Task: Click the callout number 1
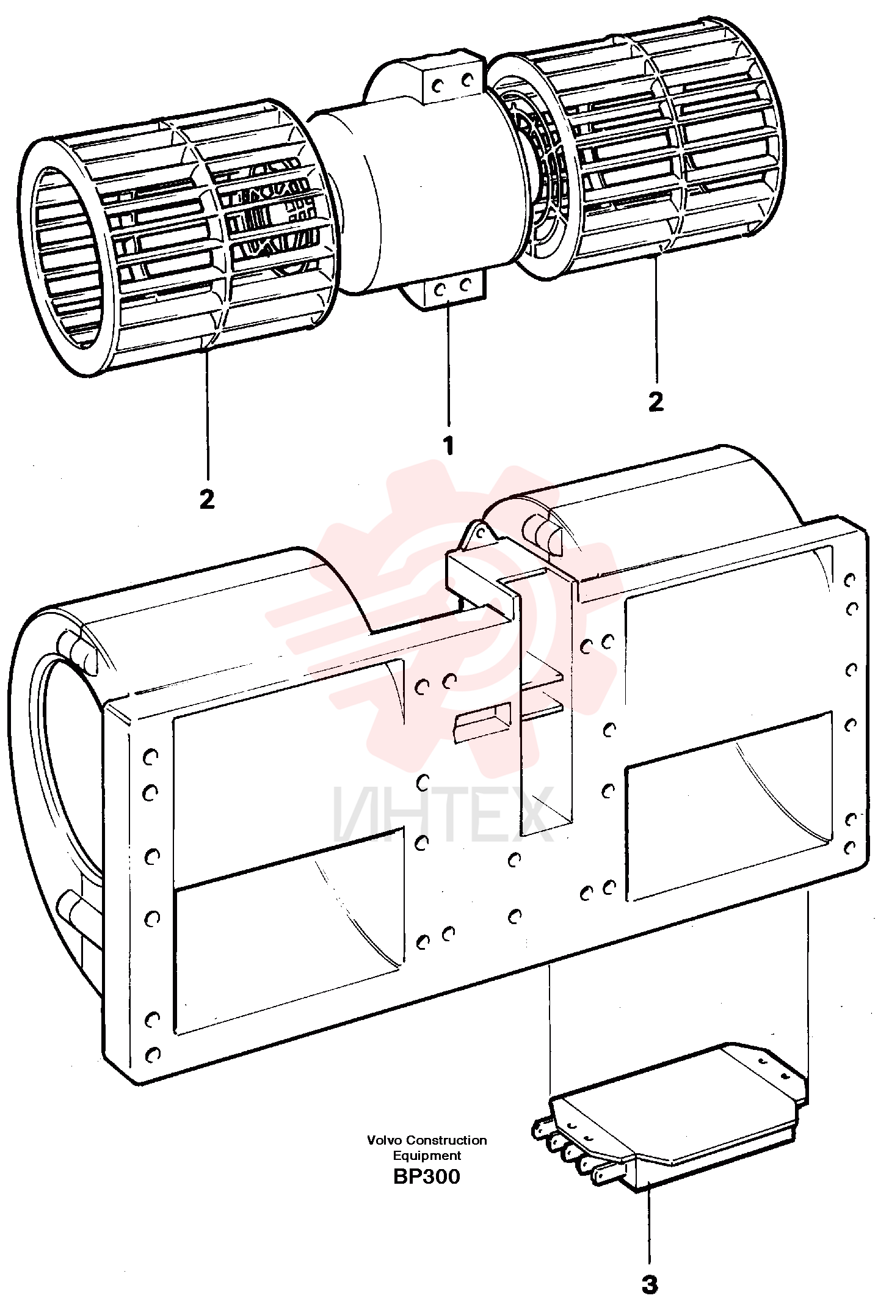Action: [x=449, y=445]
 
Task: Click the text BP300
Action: [x=427, y=1176]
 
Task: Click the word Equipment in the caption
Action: [x=427, y=1155]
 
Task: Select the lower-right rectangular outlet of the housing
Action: [x=730, y=806]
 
